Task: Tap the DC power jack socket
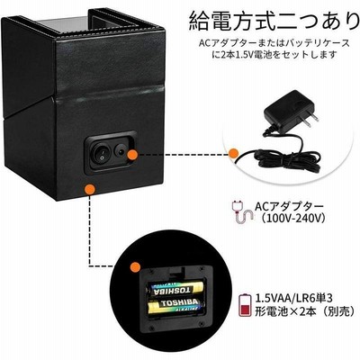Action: (120, 152)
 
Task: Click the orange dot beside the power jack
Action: (132, 155)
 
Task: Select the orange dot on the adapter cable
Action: (233, 153)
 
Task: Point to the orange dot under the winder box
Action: (90, 189)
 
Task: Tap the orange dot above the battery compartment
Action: (135, 266)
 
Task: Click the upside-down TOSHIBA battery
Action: (174, 288)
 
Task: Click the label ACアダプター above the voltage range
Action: (289, 206)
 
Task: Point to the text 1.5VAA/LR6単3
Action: (294, 299)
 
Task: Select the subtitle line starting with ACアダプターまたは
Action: (274, 43)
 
